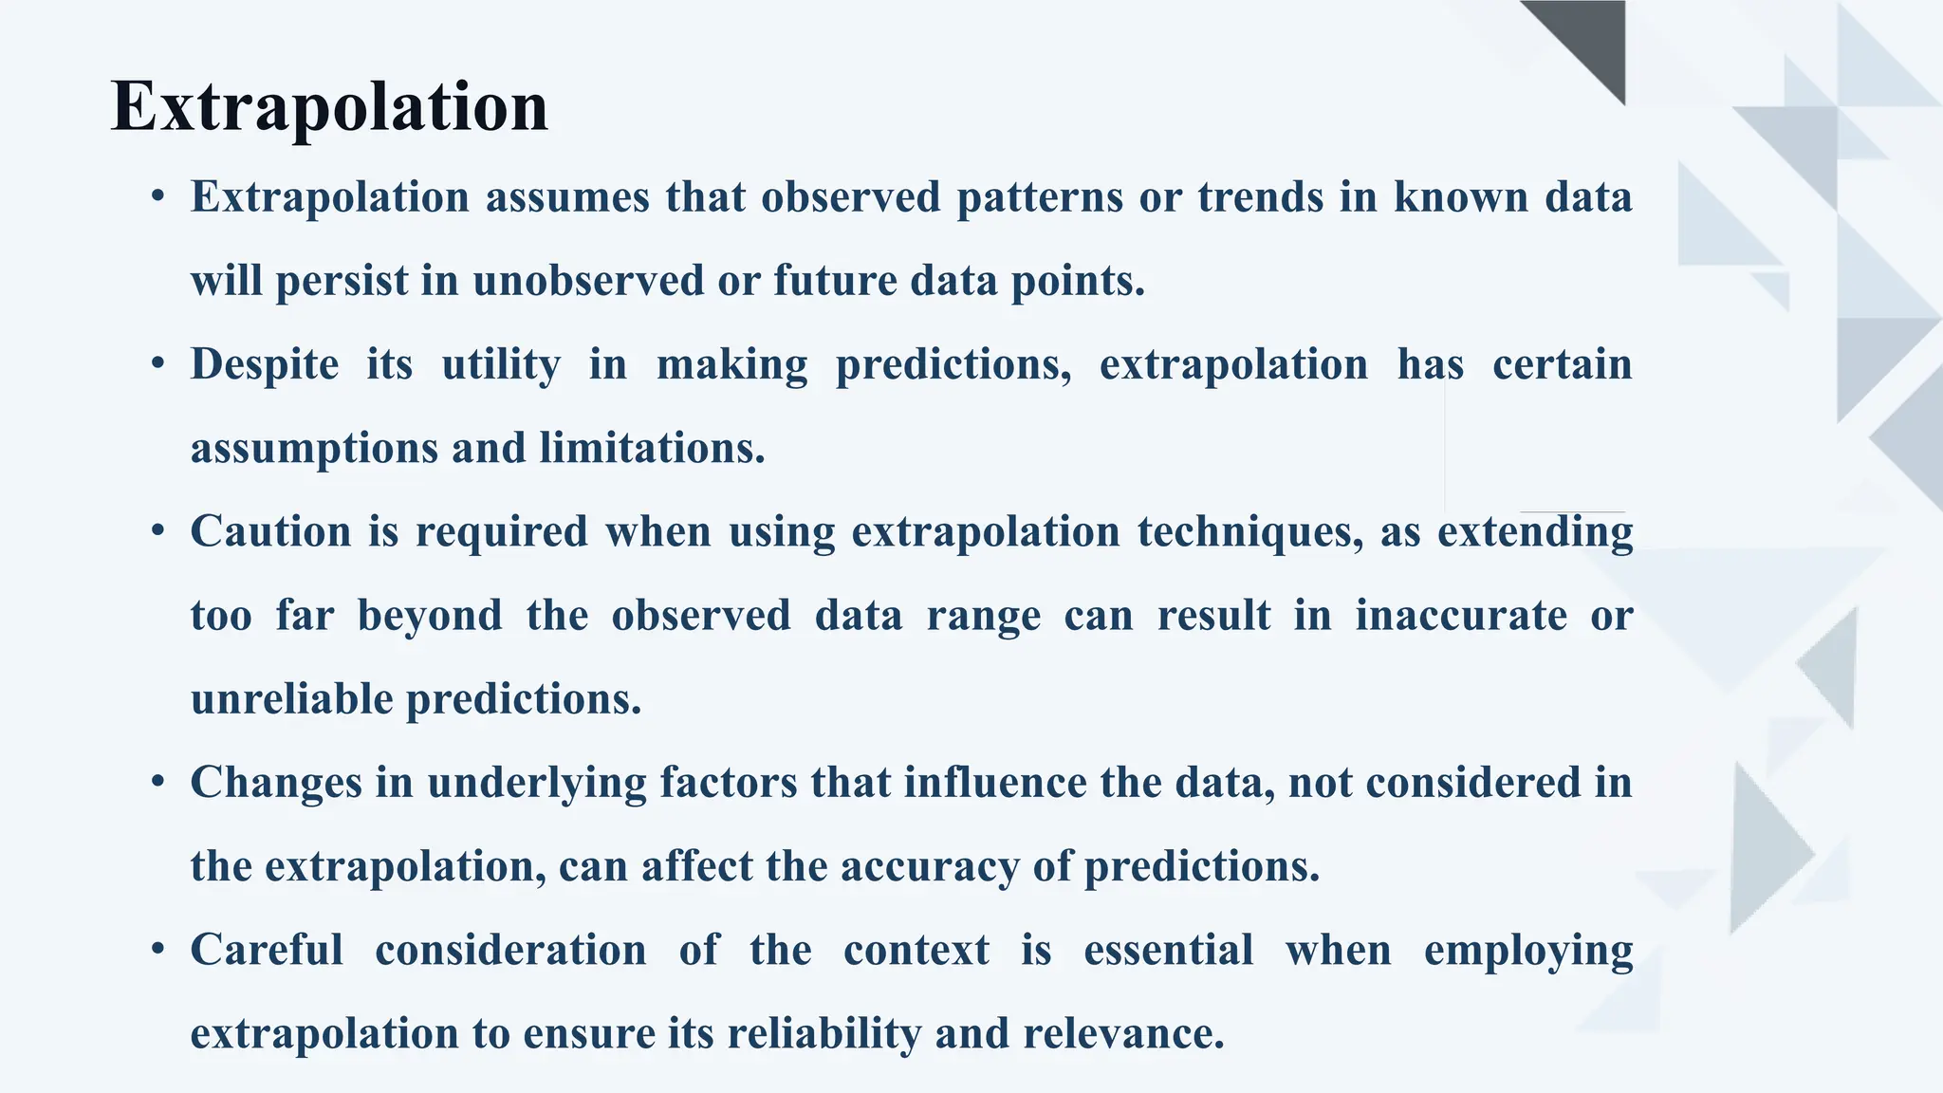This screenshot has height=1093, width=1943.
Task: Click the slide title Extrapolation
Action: tap(329, 106)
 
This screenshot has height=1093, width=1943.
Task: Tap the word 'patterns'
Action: tap(1039, 197)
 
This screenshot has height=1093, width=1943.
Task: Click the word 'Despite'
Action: tap(264, 364)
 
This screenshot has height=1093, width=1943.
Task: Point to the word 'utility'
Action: tap(500, 364)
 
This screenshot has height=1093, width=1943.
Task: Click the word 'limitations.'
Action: tap(652, 448)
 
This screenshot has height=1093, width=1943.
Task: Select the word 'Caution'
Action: tap(270, 531)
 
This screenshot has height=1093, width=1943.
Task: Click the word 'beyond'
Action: tap(430, 615)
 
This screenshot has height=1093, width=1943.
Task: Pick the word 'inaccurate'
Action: tap(1460, 615)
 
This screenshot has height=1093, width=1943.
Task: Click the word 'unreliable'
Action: tap(291, 699)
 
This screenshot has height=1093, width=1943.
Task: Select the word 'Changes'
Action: tap(276, 783)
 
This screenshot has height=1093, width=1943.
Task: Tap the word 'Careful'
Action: tap(267, 950)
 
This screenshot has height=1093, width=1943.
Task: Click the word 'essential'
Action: tap(1168, 950)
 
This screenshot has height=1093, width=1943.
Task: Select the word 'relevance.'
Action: tap(1123, 1033)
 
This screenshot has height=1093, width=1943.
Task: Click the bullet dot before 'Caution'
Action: tap(158, 531)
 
